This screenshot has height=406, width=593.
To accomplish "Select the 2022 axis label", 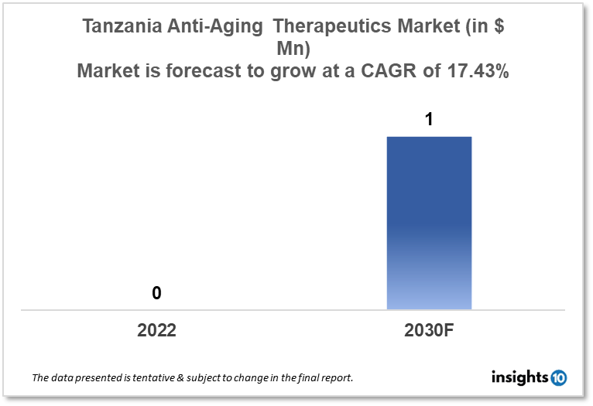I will pyautogui.click(x=156, y=331).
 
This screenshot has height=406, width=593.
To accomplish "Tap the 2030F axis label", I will pyautogui.click(x=429, y=331).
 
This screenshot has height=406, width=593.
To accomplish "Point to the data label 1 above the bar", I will pyautogui.click(x=429, y=120).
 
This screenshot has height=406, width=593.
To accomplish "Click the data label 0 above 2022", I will pyautogui.click(x=156, y=293).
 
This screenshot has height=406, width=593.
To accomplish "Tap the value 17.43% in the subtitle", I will pyautogui.click(x=478, y=73).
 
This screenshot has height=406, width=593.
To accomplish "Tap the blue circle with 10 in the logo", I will pyautogui.click(x=558, y=377).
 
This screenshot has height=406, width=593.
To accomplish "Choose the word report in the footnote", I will pyautogui.click(x=338, y=378).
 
